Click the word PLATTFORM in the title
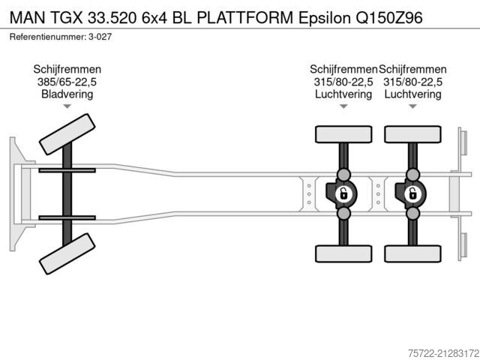245,18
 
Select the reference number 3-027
100,37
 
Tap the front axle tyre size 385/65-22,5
67,82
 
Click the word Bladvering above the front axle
67,94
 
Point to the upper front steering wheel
67,134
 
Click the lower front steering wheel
67,253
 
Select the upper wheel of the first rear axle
343,134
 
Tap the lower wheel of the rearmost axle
412,253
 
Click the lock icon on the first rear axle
343,193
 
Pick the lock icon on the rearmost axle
412,193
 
